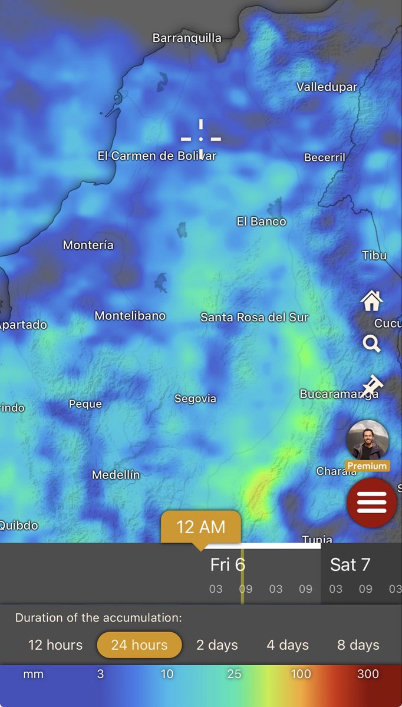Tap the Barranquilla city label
pyautogui.click(x=187, y=38)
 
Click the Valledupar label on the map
pyautogui.click(x=327, y=87)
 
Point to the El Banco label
pyautogui.click(x=261, y=222)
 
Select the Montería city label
pyautogui.click(x=88, y=245)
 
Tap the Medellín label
pyautogui.click(x=116, y=475)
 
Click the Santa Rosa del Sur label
pyautogui.click(x=254, y=318)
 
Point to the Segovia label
pyautogui.click(x=195, y=399)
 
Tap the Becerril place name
pyautogui.click(x=325, y=158)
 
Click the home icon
pyautogui.click(x=371, y=301)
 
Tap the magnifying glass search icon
pyautogui.click(x=371, y=343)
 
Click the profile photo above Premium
pyautogui.click(x=368, y=440)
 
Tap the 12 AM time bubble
pyautogui.click(x=201, y=527)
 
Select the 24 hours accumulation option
pyautogui.click(x=139, y=645)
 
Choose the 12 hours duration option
pyautogui.click(x=55, y=645)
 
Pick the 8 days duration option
pyautogui.click(x=358, y=645)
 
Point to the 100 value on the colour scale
pyautogui.click(x=301, y=674)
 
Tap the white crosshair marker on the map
pyautogui.click(x=201, y=139)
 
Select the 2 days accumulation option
pyautogui.click(x=217, y=645)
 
